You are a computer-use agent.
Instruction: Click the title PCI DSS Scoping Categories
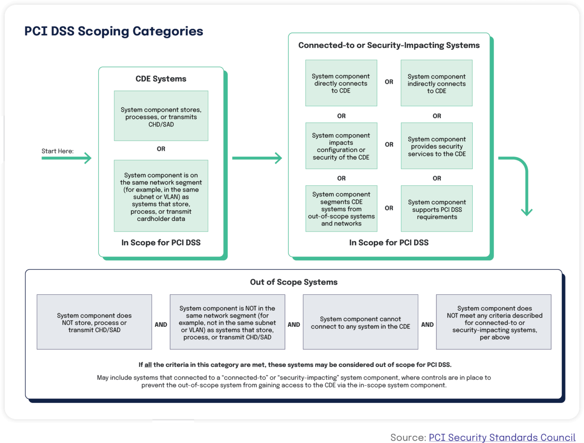pyautogui.click(x=114, y=31)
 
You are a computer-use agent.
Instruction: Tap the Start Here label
pyautogui.click(x=57, y=151)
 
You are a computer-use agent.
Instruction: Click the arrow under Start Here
pyautogui.click(x=67, y=158)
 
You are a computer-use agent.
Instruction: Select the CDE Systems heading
pyautogui.click(x=161, y=79)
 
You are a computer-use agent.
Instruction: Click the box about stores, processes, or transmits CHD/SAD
pyautogui.click(x=161, y=116)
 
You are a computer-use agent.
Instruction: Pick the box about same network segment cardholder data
pyautogui.click(x=161, y=196)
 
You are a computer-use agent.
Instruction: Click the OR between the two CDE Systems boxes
pyautogui.click(x=161, y=149)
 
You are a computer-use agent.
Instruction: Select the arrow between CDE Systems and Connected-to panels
pyautogui.click(x=257, y=158)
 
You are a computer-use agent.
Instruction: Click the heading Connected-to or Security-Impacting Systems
pyautogui.click(x=389, y=45)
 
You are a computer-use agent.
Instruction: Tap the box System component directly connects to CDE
pyautogui.click(x=341, y=83)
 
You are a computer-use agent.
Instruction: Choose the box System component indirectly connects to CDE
pyautogui.click(x=436, y=83)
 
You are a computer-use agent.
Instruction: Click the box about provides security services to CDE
pyautogui.click(x=436, y=146)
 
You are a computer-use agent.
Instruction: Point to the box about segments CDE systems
pyautogui.click(x=341, y=209)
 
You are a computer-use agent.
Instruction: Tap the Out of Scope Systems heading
pyautogui.click(x=294, y=282)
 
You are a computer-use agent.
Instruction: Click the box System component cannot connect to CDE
pyautogui.click(x=360, y=322)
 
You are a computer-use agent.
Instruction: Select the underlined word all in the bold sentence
pyautogui.click(x=148, y=365)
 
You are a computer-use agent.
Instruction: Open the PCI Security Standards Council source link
pyautogui.click(x=501, y=437)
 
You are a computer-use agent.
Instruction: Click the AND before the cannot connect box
pyautogui.click(x=294, y=325)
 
